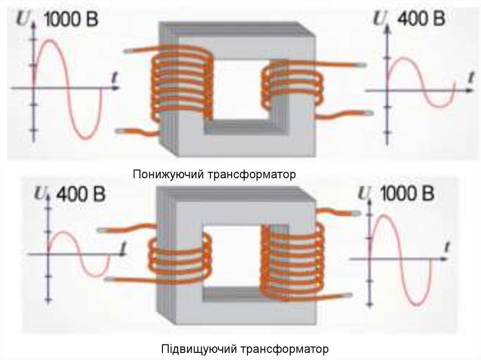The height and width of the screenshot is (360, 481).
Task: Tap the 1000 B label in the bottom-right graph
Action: click(406, 194)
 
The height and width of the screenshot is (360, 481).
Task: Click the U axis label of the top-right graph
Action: click(379, 19)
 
